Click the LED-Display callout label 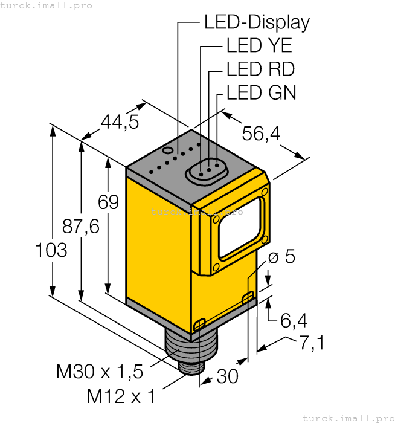click(x=257, y=22)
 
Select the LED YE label click(x=259, y=46)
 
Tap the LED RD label click(x=260, y=69)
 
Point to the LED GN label click(x=261, y=92)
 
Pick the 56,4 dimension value click(x=261, y=134)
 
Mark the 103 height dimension click(x=51, y=250)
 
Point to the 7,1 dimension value click(x=312, y=343)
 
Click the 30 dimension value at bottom click(x=227, y=376)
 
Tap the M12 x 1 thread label click(x=121, y=396)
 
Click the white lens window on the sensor click(x=240, y=225)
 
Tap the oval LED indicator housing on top click(x=205, y=169)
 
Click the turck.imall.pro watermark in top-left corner click(x=47, y=5)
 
